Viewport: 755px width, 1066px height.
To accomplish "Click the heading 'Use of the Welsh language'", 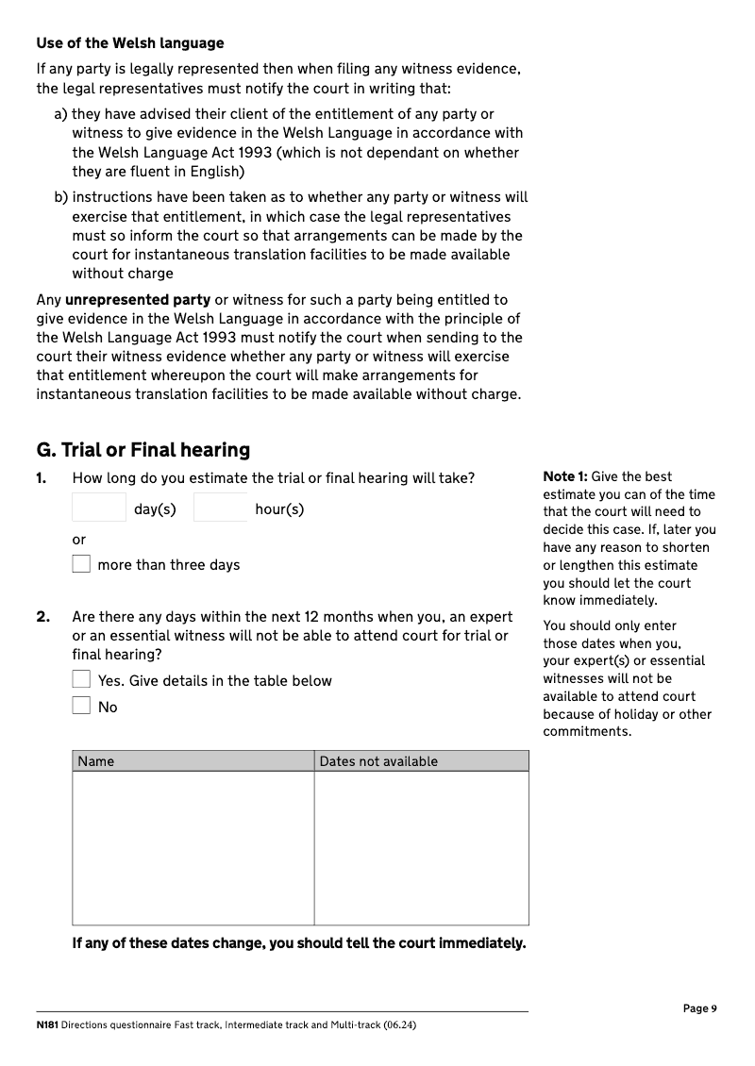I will click(x=130, y=43).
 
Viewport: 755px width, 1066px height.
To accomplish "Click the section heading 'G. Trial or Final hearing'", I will click(x=143, y=450).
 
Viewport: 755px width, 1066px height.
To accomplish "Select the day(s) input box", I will click(x=99, y=508).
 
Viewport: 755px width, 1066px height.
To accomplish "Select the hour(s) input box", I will click(x=221, y=508).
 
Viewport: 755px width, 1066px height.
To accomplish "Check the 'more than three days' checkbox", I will click(x=82, y=564).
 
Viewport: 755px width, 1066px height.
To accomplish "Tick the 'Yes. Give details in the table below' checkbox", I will click(x=82, y=679).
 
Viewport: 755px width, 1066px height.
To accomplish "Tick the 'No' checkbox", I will click(x=82, y=706).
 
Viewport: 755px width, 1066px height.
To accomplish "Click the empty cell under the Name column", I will click(x=193, y=847).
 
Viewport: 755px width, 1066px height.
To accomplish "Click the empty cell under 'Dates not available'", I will click(x=421, y=847).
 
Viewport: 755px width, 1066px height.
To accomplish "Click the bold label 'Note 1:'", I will click(x=565, y=477).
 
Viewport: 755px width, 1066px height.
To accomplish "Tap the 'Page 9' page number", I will click(x=699, y=1008).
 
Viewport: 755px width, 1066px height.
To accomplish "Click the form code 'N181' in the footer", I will click(x=47, y=1025).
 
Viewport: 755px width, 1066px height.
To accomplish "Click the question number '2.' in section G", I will click(x=43, y=617).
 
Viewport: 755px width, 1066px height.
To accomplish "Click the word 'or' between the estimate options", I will click(x=79, y=540).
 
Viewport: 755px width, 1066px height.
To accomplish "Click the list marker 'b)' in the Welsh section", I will click(x=61, y=198).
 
